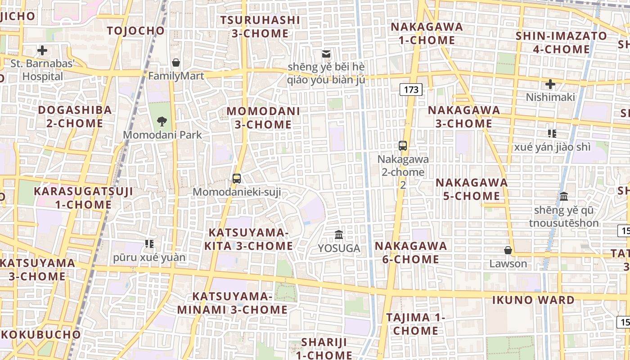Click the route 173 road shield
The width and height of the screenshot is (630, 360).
[x=411, y=90]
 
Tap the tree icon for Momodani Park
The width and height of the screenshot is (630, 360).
[x=162, y=121]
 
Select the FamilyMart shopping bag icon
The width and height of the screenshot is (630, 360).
[x=176, y=62]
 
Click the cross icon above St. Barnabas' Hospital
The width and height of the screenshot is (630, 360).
[x=42, y=50]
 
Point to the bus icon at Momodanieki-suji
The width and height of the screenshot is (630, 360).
[x=237, y=179]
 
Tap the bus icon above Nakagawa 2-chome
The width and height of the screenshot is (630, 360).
[x=403, y=146]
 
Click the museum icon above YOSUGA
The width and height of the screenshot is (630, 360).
[x=339, y=234]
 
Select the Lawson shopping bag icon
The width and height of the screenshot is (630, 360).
[x=508, y=250]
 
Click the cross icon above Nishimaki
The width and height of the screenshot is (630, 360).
[x=550, y=84]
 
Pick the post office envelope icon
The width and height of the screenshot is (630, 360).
[x=326, y=54]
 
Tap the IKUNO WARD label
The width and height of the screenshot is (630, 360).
[x=533, y=300]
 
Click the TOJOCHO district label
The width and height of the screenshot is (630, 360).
[x=136, y=31]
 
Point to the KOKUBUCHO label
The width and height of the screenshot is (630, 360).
[x=40, y=335]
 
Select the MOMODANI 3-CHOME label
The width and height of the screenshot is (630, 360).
[x=263, y=117]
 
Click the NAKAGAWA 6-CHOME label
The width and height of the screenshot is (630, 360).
[x=411, y=252]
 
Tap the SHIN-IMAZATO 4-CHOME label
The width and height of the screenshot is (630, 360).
[x=561, y=42]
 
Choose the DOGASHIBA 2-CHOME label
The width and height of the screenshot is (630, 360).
[x=75, y=117]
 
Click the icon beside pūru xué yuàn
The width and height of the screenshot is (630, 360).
[x=149, y=244]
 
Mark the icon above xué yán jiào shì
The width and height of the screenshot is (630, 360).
[x=552, y=133]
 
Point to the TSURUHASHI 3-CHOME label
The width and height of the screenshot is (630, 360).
[x=260, y=27]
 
